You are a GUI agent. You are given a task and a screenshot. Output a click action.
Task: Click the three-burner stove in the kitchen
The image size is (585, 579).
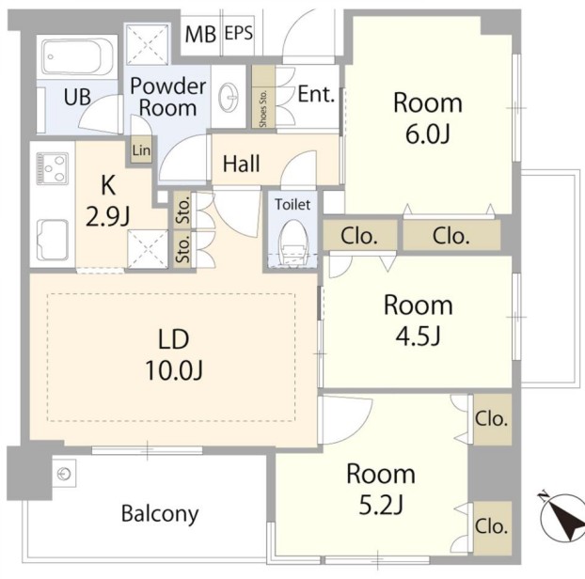(53, 168)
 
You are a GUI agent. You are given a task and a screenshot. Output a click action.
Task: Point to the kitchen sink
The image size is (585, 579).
(53, 240)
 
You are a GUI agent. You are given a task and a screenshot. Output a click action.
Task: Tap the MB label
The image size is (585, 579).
(200, 34)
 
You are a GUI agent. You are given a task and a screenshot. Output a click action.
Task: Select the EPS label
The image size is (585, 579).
(239, 33)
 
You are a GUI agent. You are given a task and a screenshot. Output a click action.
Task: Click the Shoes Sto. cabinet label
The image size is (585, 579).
(263, 108)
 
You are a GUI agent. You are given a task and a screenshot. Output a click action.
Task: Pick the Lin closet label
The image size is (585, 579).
(141, 150)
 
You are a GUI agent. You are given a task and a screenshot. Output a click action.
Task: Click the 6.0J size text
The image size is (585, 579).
(428, 134)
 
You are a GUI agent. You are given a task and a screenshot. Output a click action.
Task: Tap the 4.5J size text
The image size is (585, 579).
(419, 336)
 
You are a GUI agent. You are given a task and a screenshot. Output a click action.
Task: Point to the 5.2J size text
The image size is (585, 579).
(381, 505)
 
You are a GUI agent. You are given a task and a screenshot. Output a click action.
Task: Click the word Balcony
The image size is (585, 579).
(160, 514)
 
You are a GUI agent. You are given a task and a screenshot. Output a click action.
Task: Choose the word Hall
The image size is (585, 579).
(242, 164)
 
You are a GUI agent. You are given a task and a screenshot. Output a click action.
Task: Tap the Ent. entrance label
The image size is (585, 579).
(316, 94)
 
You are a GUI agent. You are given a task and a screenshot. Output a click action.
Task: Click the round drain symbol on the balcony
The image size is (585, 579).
(64, 474)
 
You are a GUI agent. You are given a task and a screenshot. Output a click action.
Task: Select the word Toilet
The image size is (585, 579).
(292, 204)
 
